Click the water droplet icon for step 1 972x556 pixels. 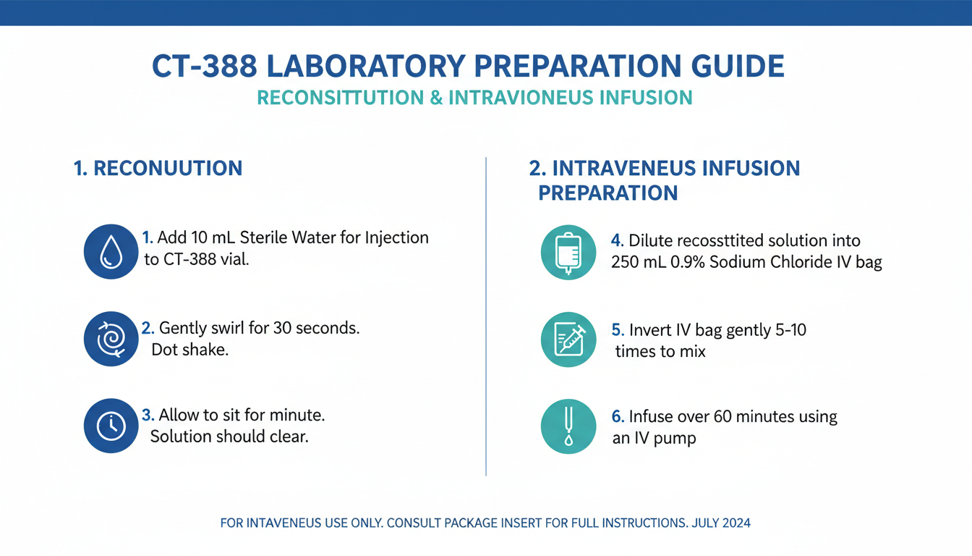(111, 251)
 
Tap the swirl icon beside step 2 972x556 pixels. (111, 339)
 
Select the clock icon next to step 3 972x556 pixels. (111, 426)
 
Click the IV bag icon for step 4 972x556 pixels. (568, 251)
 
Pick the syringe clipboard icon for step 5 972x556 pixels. (568, 339)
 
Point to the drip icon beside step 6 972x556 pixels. (568, 426)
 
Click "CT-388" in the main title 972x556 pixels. (204, 66)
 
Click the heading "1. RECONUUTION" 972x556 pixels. (158, 169)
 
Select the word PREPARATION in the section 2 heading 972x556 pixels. (607, 193)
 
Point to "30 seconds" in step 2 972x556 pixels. (315, 328)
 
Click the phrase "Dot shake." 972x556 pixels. (190, 350)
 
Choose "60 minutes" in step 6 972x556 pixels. (749, 417)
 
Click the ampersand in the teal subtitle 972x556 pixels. (436, 98)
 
